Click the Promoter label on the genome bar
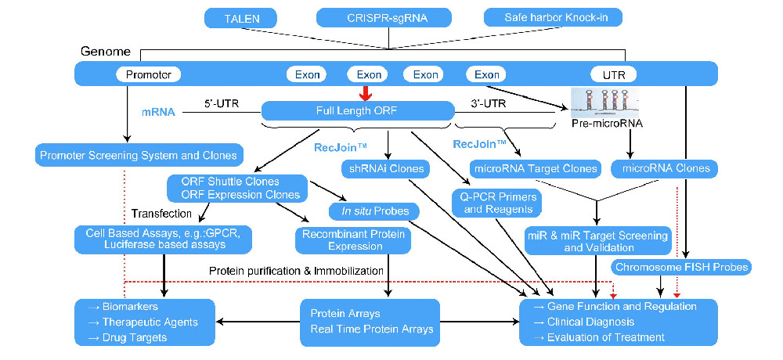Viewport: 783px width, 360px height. coord(149,75)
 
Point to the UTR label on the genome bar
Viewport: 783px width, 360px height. coord(615,75)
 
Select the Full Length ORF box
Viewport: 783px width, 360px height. coord(358,111)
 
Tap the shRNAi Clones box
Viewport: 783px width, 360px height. coord(383,167)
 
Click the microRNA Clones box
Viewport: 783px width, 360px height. coord(667,167)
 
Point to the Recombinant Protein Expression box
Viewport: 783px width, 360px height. coord(352,240)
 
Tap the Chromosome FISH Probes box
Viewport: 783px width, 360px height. coord(682,267)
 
